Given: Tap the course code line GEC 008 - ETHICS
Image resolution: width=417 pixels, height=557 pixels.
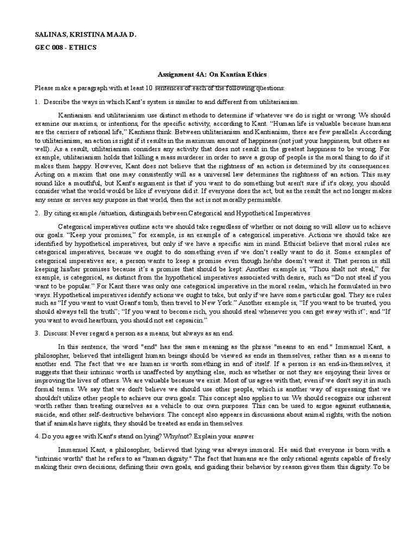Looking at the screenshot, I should [66, 47].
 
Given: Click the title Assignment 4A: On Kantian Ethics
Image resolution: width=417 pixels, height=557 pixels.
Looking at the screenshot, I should [208, 74].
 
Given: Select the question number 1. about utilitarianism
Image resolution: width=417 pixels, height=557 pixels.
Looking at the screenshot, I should [37, 102].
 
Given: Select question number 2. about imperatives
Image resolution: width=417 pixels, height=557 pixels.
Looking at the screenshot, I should [37, 212].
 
